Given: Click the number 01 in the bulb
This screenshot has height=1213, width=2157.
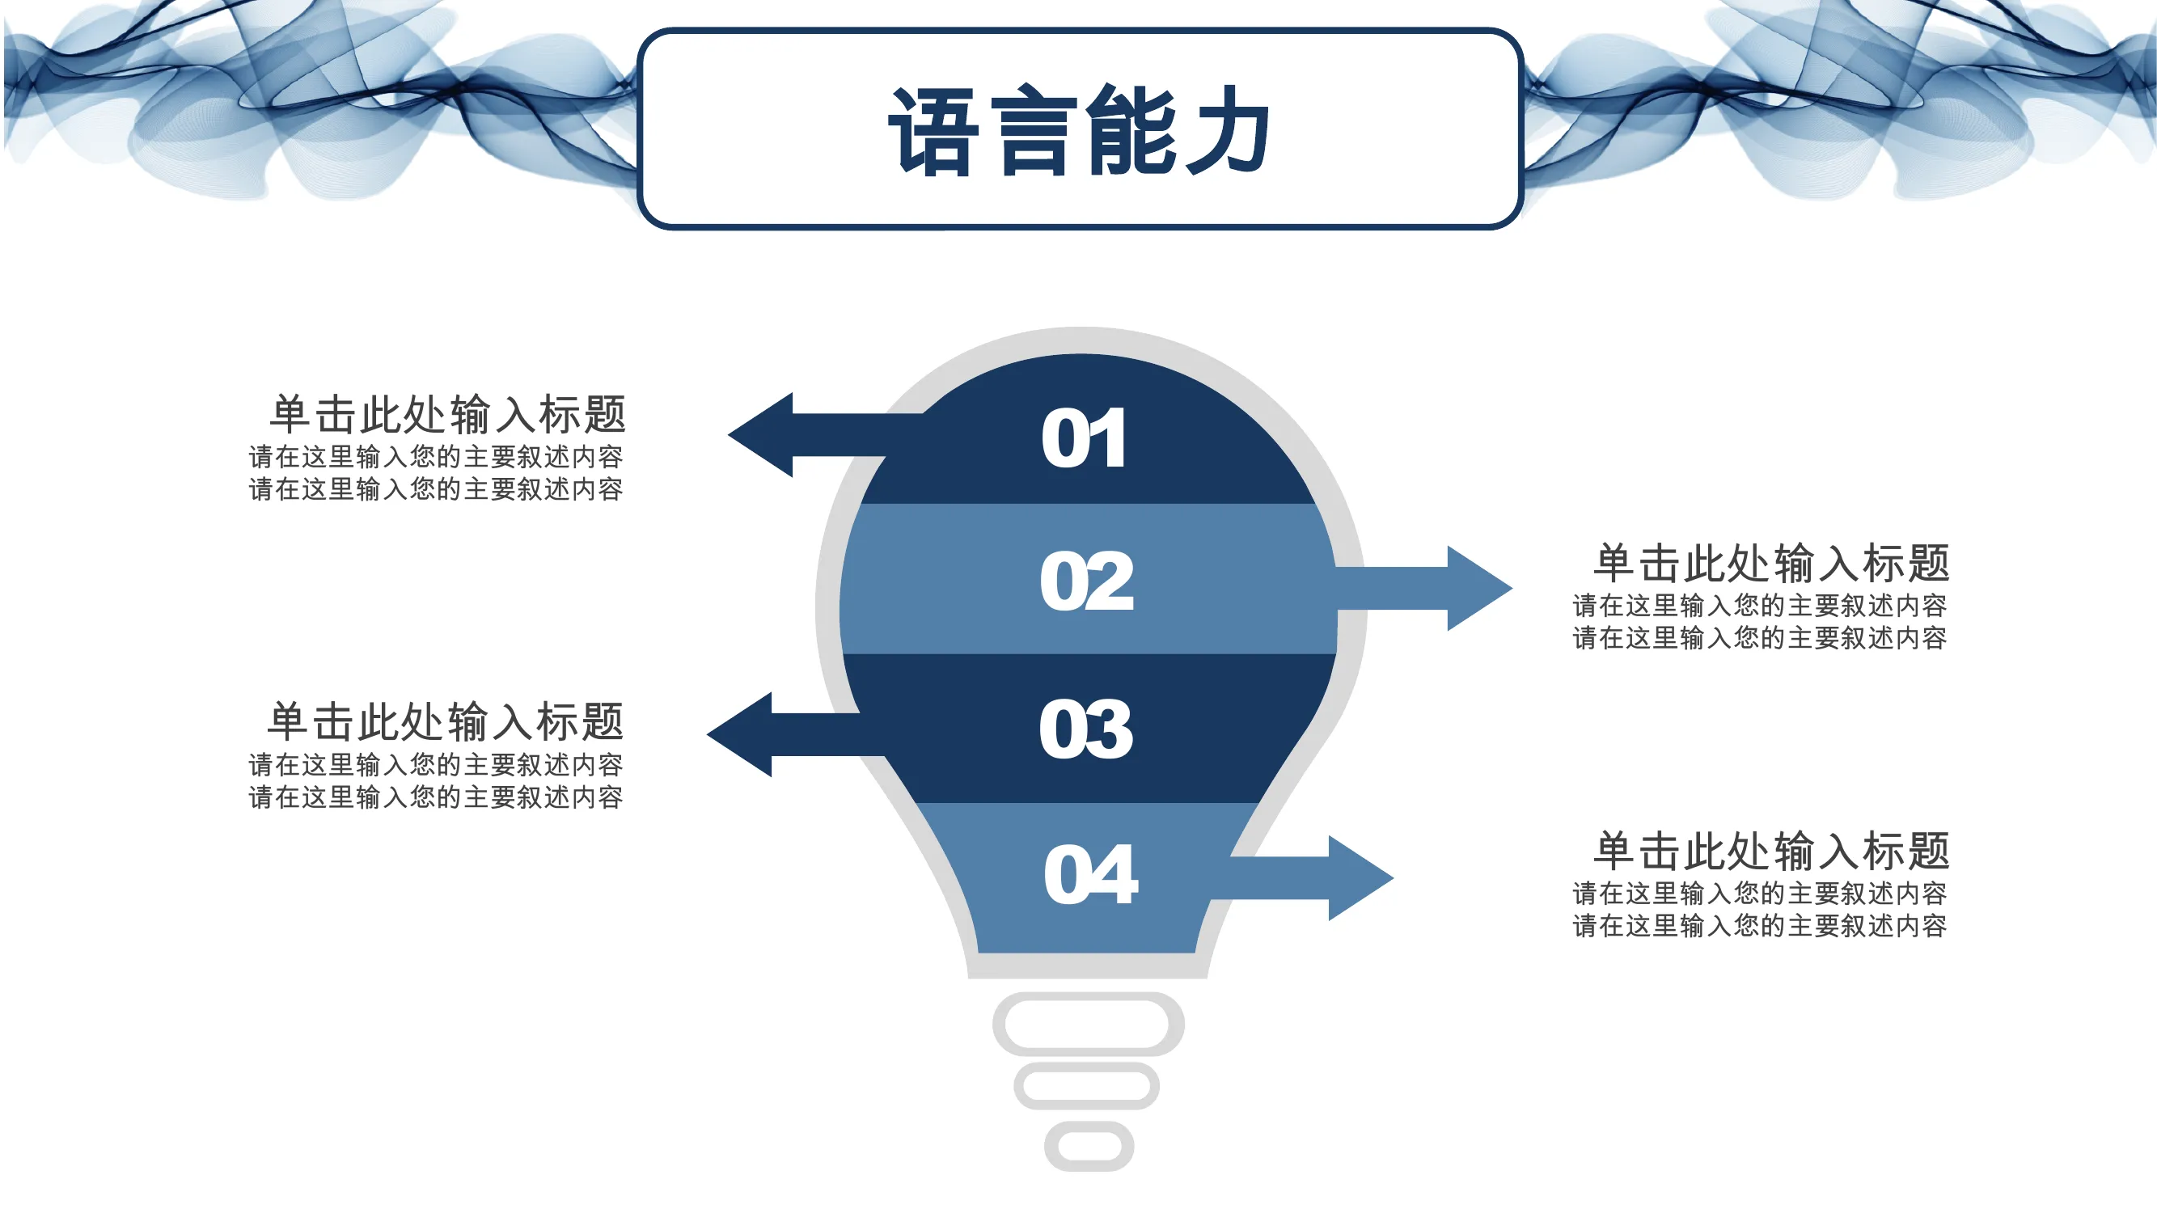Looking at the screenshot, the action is [x=1084, y=437].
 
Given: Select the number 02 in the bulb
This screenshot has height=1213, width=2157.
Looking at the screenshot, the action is [x=1087, y=581].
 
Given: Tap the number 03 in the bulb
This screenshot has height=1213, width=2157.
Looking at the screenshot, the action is [x=1086, y=729].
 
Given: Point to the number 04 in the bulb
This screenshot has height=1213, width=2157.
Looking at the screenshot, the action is [x=1090, y=874].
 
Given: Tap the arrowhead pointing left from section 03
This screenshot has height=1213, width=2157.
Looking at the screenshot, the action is [x=739, y=734].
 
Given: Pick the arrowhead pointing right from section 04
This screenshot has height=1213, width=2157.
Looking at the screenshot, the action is [x=1360, y=878].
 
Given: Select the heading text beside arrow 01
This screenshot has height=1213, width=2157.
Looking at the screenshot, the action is [x=447, y=414].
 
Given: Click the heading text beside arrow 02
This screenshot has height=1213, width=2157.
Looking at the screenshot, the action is [x=1771, y=563].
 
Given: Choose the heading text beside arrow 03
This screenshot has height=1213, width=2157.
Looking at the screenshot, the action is [x=446, y=721].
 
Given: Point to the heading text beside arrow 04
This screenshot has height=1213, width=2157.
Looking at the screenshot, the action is [x=1771, y=851].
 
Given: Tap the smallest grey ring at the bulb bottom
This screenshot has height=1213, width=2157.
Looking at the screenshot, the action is [x=1089, y=1123].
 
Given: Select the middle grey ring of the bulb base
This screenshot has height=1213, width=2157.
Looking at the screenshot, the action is [x=1086, y=1066].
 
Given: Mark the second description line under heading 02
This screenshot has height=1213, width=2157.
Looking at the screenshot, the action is [x=1759, y=639].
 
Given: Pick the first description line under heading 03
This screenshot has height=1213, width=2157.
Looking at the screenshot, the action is [x=435, y=765].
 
